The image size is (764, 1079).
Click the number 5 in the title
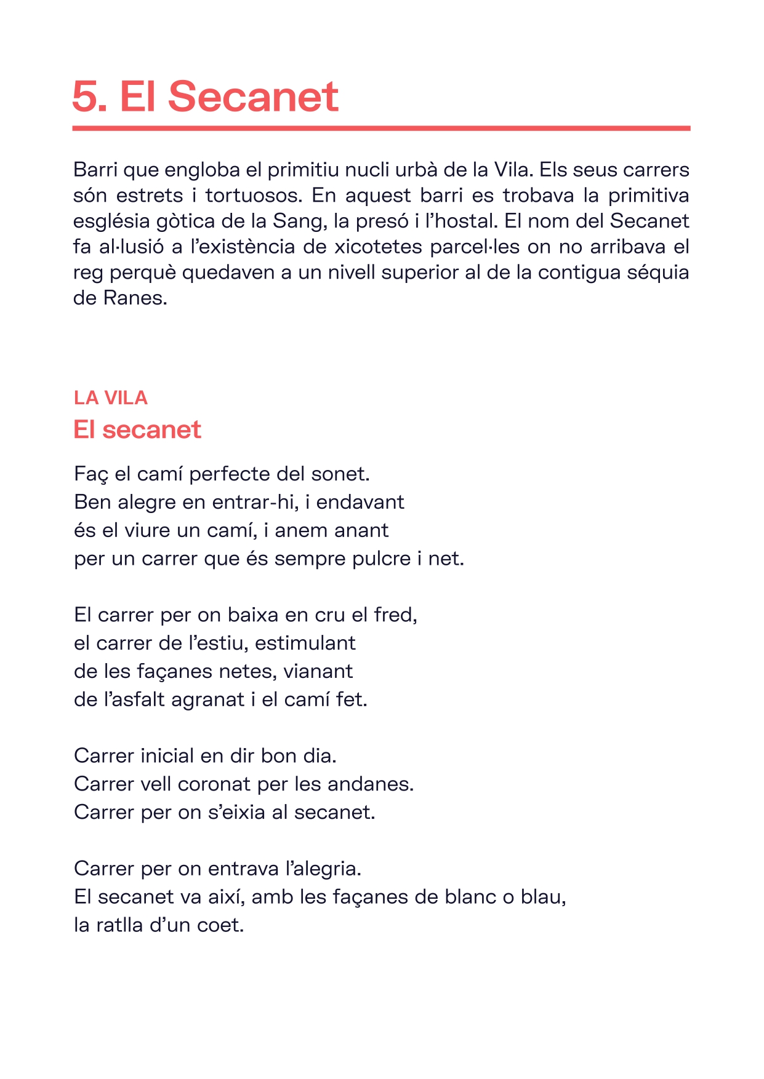pyautogui.click(x=86, y=97)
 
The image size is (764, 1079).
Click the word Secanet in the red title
pyautogui.click(x=252, y=97)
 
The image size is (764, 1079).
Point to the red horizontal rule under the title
pyautogui.click(x=381, y=129)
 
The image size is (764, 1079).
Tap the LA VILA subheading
pyautogui.click(x=111, y=398)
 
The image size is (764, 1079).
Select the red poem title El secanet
pyautogui.click(x=137, y=429)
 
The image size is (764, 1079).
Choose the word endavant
pyautogui.click(x=360, y=503)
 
